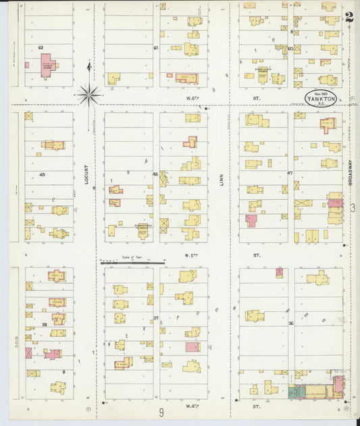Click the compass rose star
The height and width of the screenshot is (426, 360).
click(88, 95)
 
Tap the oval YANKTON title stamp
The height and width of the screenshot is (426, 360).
click(320, 98)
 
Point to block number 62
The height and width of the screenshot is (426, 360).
click(41, 48)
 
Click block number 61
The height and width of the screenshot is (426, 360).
click(156, 48)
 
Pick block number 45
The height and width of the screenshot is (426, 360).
click(41, 174)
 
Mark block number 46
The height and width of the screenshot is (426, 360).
click(155, 174)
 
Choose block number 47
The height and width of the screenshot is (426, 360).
click(290, 174)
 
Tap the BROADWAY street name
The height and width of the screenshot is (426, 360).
click(350, 172)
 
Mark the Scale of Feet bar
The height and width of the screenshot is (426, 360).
click(132, 262)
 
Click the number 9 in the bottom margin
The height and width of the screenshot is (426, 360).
click(161, 413)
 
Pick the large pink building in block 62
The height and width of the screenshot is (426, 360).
click(47, 67)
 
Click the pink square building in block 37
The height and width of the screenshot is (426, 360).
click(192, 347)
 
